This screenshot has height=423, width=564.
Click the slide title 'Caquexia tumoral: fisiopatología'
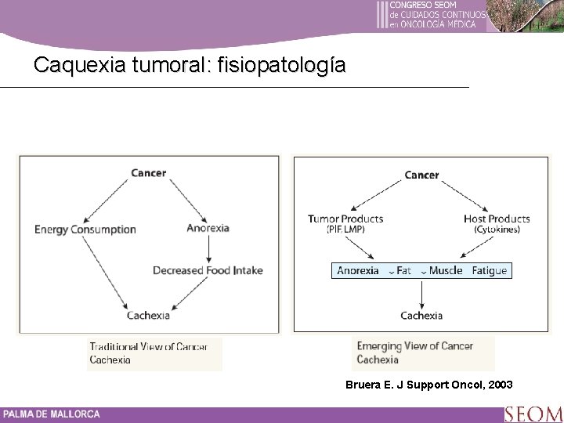(x=189, y=65)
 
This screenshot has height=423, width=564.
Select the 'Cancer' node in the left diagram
(x=148, y=172)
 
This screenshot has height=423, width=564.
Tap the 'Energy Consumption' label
(x=85, y=230)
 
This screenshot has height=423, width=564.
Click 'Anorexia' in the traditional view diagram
(x=208, y=229)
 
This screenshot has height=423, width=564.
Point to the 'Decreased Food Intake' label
(x=208, y=270)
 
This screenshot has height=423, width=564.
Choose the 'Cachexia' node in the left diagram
(x=148, y=315)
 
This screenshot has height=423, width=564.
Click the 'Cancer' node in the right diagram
(x=421, y=175)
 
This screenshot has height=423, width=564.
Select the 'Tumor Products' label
(x=345, y=219)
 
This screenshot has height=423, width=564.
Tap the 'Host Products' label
(x=497, y=219)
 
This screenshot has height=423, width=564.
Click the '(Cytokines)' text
(x=497, y=230)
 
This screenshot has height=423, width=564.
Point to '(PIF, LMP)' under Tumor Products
(x=345, y=230)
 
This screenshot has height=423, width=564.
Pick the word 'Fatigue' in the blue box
(x=490, y=271)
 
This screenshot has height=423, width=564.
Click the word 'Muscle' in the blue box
(x=445, y=271)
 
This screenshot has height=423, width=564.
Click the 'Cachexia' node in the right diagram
(x=421, y=316)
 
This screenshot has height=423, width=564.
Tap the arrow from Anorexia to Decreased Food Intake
(x=208, y=249)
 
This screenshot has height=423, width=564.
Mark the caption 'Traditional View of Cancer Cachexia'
(x=149, y=353)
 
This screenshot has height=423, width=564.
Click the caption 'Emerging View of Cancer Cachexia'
(x=415, y=353)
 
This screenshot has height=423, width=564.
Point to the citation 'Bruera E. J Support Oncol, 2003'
(x=429, y=385)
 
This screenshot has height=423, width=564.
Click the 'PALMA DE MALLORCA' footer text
(x=52, y=414)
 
